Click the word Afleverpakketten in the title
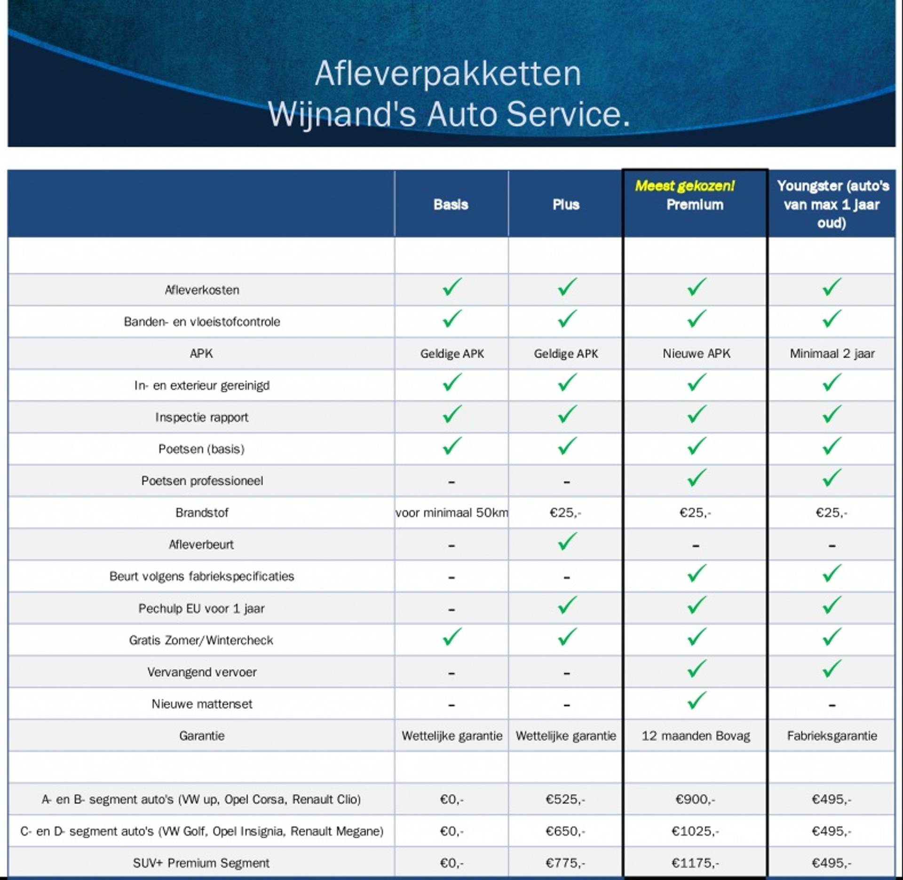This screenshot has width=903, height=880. click(x=448, y=73)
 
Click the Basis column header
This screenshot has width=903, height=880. click(x=451, y=205)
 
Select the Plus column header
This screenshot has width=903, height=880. click(x=566, y=205)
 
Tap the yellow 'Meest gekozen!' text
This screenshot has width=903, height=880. click(x=684, y=186)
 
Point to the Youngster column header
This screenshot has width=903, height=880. click(x=832, y=205)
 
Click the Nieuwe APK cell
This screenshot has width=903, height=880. click(x=696, y=354)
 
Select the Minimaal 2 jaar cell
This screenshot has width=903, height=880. click(x=832, y=354)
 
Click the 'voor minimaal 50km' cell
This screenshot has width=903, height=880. click(x=451, y=513)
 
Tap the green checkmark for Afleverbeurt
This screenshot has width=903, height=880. click(x=567, y=542)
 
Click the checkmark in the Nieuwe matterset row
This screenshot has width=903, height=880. click(x=696, y=701)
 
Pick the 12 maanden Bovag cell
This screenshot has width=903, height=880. click(x=696, y=736)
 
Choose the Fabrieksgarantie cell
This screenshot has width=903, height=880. click(x=832, y=736)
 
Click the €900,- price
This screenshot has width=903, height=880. click(x=695, y=800)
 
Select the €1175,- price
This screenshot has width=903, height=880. click(x=695, y=863)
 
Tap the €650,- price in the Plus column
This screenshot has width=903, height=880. click(x=565, y=832)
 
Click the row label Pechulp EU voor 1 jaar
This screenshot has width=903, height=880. click(x=201, y=609)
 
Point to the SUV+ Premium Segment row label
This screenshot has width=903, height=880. click(x=201, y=863)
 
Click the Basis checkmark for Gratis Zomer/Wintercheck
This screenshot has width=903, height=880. click(x=452, y=637)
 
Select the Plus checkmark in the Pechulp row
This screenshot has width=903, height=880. click(x=567, y=606)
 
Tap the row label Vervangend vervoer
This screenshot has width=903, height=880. click(x=202, y=672)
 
